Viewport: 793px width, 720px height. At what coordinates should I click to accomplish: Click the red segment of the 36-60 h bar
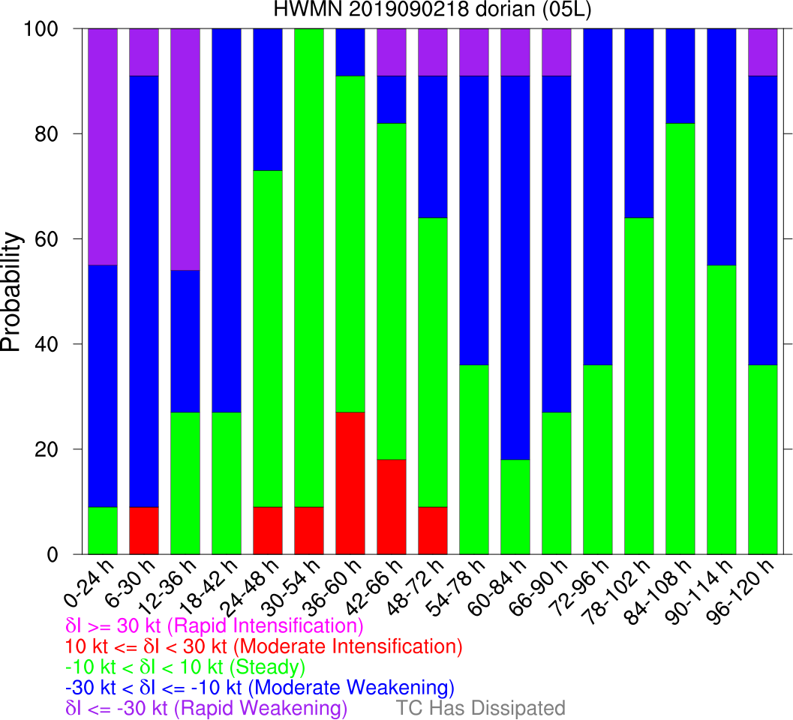click(x=350, y=484)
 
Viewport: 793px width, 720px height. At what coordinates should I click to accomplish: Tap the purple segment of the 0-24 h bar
click(x=103, y=147)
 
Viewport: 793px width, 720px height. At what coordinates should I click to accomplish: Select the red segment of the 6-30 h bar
click(x=144, y=531)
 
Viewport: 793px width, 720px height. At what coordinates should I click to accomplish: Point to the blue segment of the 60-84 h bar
click(x=515, y=268)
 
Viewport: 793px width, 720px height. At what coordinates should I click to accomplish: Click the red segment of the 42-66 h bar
click(x=392, y=507)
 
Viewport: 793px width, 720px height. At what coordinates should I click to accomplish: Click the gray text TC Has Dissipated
click(x=480, y=708)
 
